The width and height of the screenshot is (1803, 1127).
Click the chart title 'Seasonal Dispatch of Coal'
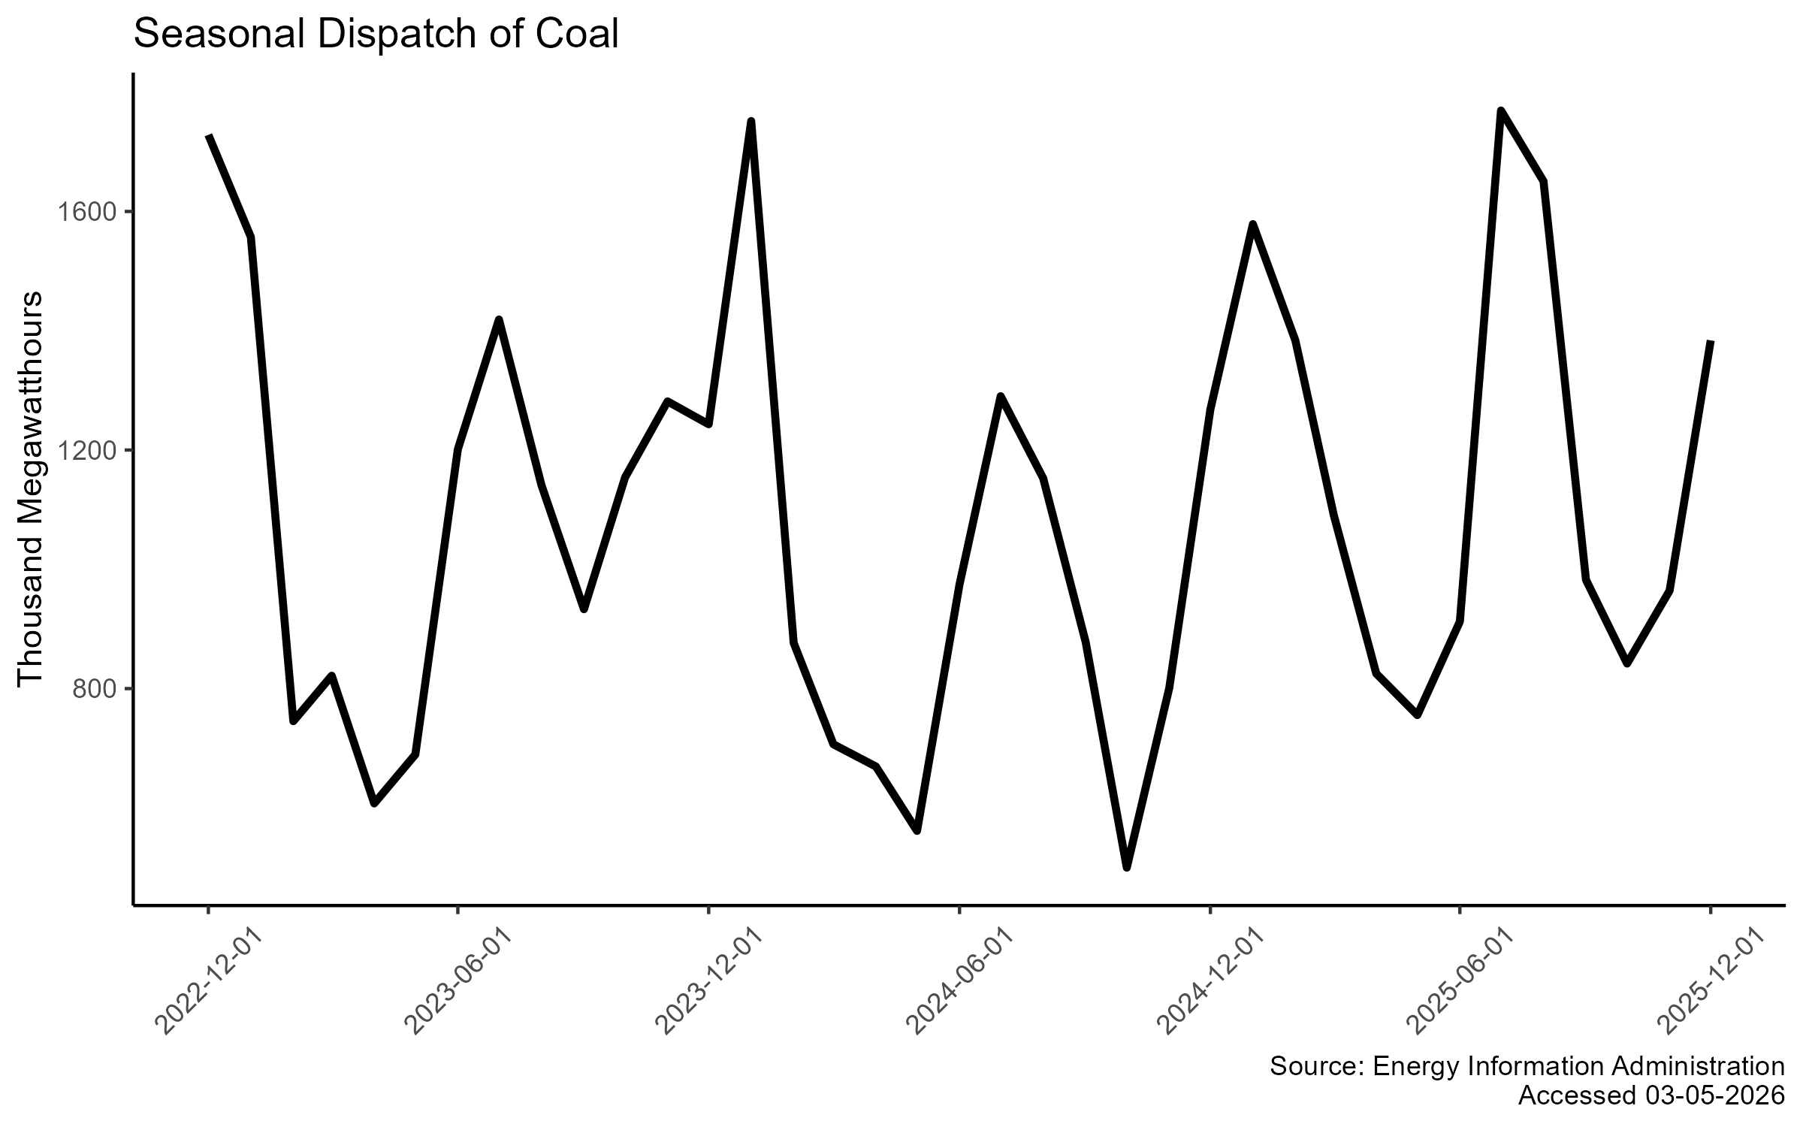coord(376,35)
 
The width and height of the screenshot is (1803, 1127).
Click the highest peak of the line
coord(1500,112)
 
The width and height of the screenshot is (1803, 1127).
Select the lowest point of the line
coord(1126,868)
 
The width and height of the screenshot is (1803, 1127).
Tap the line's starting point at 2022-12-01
coord(209,135)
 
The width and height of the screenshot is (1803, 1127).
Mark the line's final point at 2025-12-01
coord(1711,341)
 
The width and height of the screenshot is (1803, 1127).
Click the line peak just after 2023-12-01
coord(750,121)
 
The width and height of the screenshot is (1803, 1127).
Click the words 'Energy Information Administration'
coord(1578,1066)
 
